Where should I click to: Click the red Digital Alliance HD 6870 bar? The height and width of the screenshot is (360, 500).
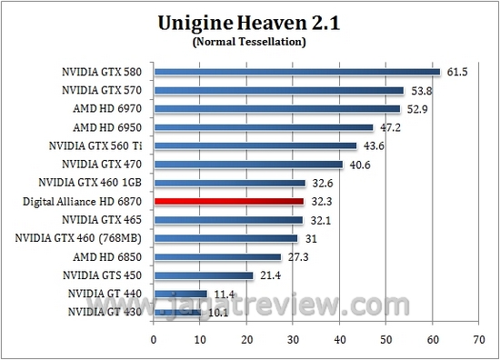(228, 201)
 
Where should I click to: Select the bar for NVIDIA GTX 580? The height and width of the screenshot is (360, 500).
(296, 72)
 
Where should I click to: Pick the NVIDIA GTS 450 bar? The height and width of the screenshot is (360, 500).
(204, 275)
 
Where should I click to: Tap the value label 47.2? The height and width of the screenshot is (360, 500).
(389, 127)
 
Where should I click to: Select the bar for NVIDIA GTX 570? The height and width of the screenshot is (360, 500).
(278, 90)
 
